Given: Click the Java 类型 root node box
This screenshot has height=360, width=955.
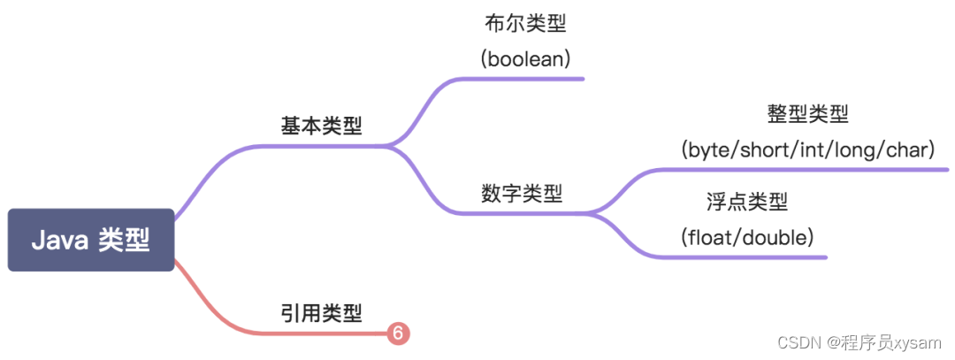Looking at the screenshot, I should (x=90, y=240).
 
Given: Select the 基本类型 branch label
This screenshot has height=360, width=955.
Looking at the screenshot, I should (x=321, y=126).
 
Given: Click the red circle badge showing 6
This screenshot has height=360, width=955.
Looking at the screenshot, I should (x=398, y=333).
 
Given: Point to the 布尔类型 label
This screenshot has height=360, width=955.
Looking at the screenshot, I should (x=525, y=24).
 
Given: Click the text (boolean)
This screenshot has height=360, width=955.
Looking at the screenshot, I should (x=525, y=59).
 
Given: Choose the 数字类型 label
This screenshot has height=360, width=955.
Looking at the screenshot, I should (x=522, y=193).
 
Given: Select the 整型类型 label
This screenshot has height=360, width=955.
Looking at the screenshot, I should (x=807, y=114).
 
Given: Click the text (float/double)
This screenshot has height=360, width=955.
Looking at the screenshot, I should (x=747, y=237).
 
